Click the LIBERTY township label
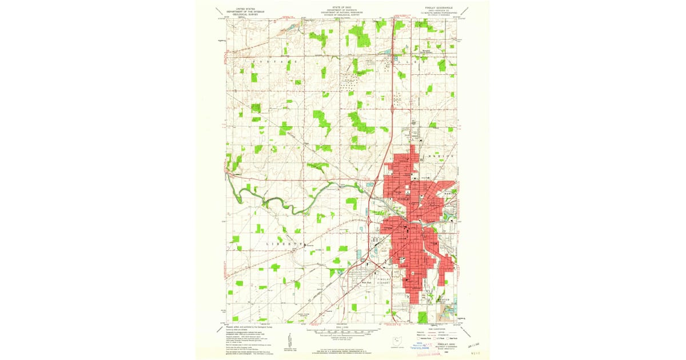pos(283,244)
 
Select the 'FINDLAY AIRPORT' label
pos(385,280)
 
